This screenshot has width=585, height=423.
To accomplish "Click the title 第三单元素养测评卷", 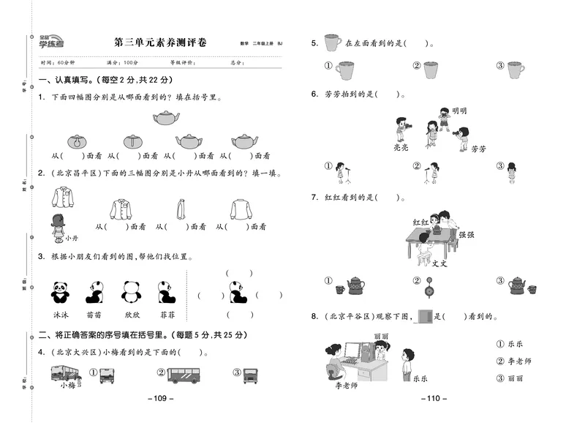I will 160,42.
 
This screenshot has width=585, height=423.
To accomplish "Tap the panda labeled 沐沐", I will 60,292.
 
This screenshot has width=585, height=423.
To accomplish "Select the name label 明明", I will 459,111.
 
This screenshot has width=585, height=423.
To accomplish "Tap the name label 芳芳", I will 478,149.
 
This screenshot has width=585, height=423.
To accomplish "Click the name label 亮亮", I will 401,147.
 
